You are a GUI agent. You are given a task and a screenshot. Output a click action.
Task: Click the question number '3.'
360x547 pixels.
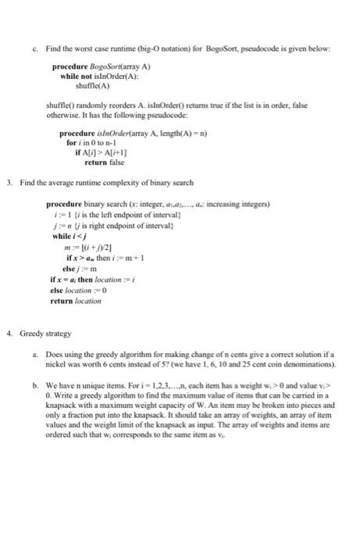pos(9,183)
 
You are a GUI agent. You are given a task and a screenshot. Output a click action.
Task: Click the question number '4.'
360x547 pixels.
pos(9,333)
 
